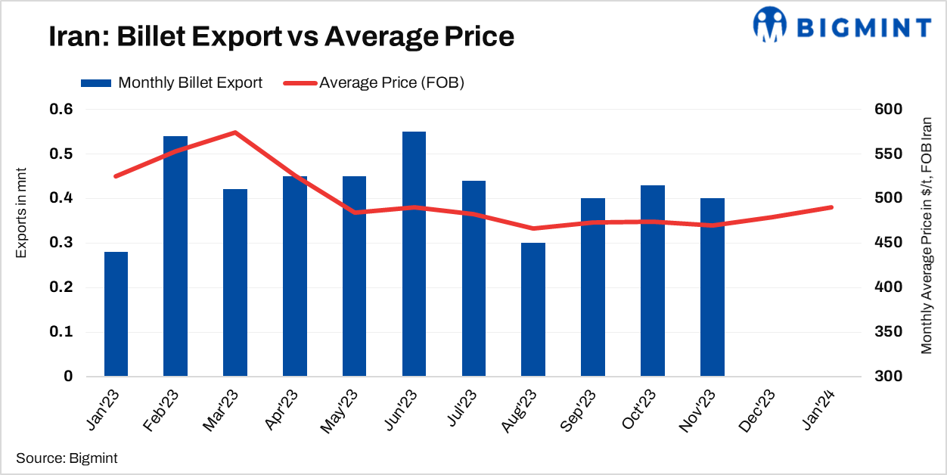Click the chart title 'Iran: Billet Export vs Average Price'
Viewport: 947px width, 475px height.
point(281,36)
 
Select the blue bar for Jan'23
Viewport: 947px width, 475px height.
point(116,314)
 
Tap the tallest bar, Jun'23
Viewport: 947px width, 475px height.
point(414,253)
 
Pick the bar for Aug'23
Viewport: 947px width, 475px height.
point(533,309)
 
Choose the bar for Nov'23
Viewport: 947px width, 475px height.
point(712,287)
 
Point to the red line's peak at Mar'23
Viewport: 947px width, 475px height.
point(235,132)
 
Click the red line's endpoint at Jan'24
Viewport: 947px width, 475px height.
point(831,207)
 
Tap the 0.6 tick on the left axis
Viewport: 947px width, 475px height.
point(62,110)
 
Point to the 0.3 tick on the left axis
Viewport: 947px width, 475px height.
point(62,243)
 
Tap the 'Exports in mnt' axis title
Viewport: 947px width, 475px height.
point(22,213)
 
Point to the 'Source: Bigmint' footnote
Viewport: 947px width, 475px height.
point(67,458)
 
